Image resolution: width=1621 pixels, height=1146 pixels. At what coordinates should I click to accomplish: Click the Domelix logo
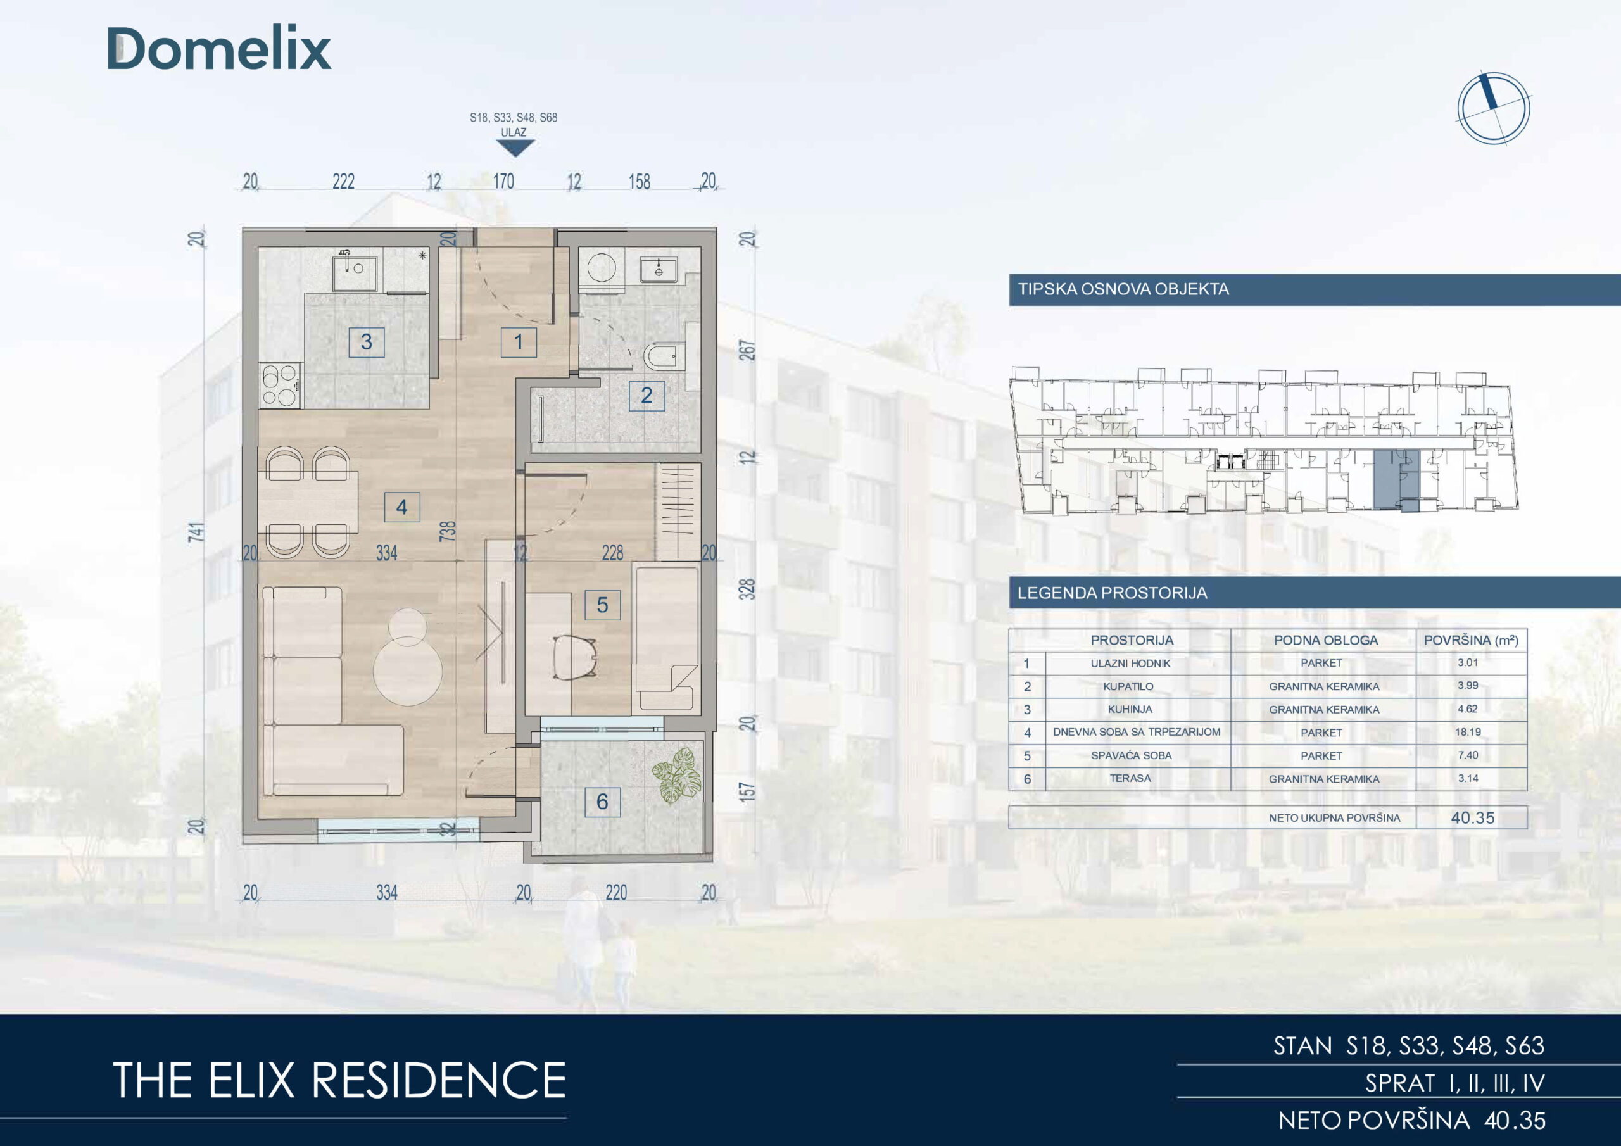click(219, 49)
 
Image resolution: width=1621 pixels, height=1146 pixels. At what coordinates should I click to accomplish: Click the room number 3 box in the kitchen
click(367, 343)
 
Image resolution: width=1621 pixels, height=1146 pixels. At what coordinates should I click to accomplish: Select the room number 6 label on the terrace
click(602, 802)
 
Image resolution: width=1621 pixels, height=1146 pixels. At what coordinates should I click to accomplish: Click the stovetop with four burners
click(281, 385)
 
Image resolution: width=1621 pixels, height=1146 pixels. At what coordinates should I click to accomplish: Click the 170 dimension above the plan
click(503, 182)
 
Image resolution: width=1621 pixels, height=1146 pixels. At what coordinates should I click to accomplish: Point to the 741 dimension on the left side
click(196, 532)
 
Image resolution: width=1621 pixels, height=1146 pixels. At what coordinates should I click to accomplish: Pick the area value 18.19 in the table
click(1468, 732)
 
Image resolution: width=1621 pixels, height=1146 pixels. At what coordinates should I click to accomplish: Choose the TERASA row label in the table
click(1130, 778)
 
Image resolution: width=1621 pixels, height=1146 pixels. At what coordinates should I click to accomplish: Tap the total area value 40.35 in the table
click(1473, 817)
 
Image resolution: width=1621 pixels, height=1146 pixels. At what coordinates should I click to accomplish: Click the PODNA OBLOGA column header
click(1326, 641)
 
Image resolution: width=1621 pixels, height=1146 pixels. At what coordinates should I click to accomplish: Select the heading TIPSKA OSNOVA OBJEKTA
click(1123, 289)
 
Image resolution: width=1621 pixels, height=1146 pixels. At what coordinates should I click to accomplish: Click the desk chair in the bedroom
click(575, 657)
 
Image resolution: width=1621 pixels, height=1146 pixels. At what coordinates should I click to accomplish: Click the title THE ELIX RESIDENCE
click(339, 1080)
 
